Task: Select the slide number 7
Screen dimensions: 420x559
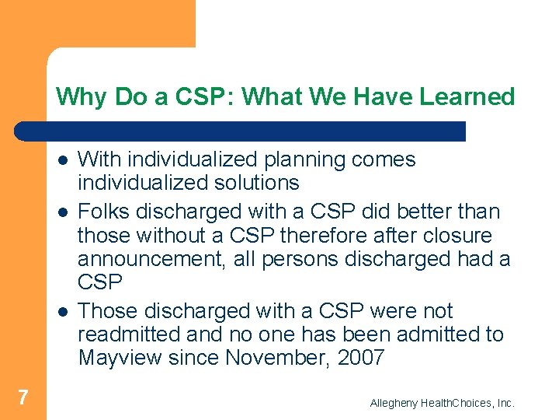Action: tap(23, 397)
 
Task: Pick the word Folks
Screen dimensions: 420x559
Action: tap(104, 212)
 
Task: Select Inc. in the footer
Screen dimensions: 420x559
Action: tap(505, 403)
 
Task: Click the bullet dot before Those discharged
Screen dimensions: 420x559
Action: tap(61, 312)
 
